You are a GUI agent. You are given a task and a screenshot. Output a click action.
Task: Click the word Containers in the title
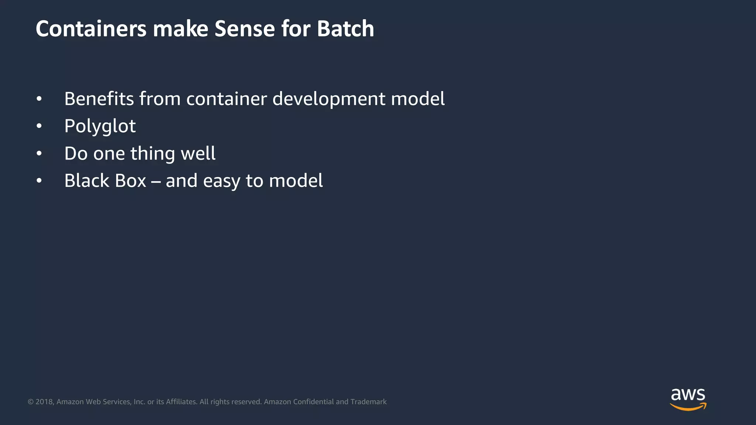coord(91,29)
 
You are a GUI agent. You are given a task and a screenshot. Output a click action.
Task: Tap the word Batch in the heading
coord(345,29)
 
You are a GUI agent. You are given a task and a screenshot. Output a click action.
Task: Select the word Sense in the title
coord(244,29)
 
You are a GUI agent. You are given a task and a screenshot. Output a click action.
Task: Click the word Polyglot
coord(100,127)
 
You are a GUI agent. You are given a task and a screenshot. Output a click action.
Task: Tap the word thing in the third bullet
coord(152,154)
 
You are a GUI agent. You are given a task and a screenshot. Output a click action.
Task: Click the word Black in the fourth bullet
coord(87,181)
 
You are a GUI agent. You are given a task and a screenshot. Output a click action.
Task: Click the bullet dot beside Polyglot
coord(39,127)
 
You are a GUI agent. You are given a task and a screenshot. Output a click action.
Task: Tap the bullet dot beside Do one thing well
coord(39,154)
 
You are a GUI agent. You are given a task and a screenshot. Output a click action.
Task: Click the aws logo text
coord(688,395)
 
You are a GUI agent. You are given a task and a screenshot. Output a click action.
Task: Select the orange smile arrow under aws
coord(688,407)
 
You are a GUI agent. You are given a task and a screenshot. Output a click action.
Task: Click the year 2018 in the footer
coord(45,402)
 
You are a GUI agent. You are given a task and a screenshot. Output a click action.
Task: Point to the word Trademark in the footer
coord(368,402)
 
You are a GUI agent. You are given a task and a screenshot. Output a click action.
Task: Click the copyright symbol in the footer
coord(31,402)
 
